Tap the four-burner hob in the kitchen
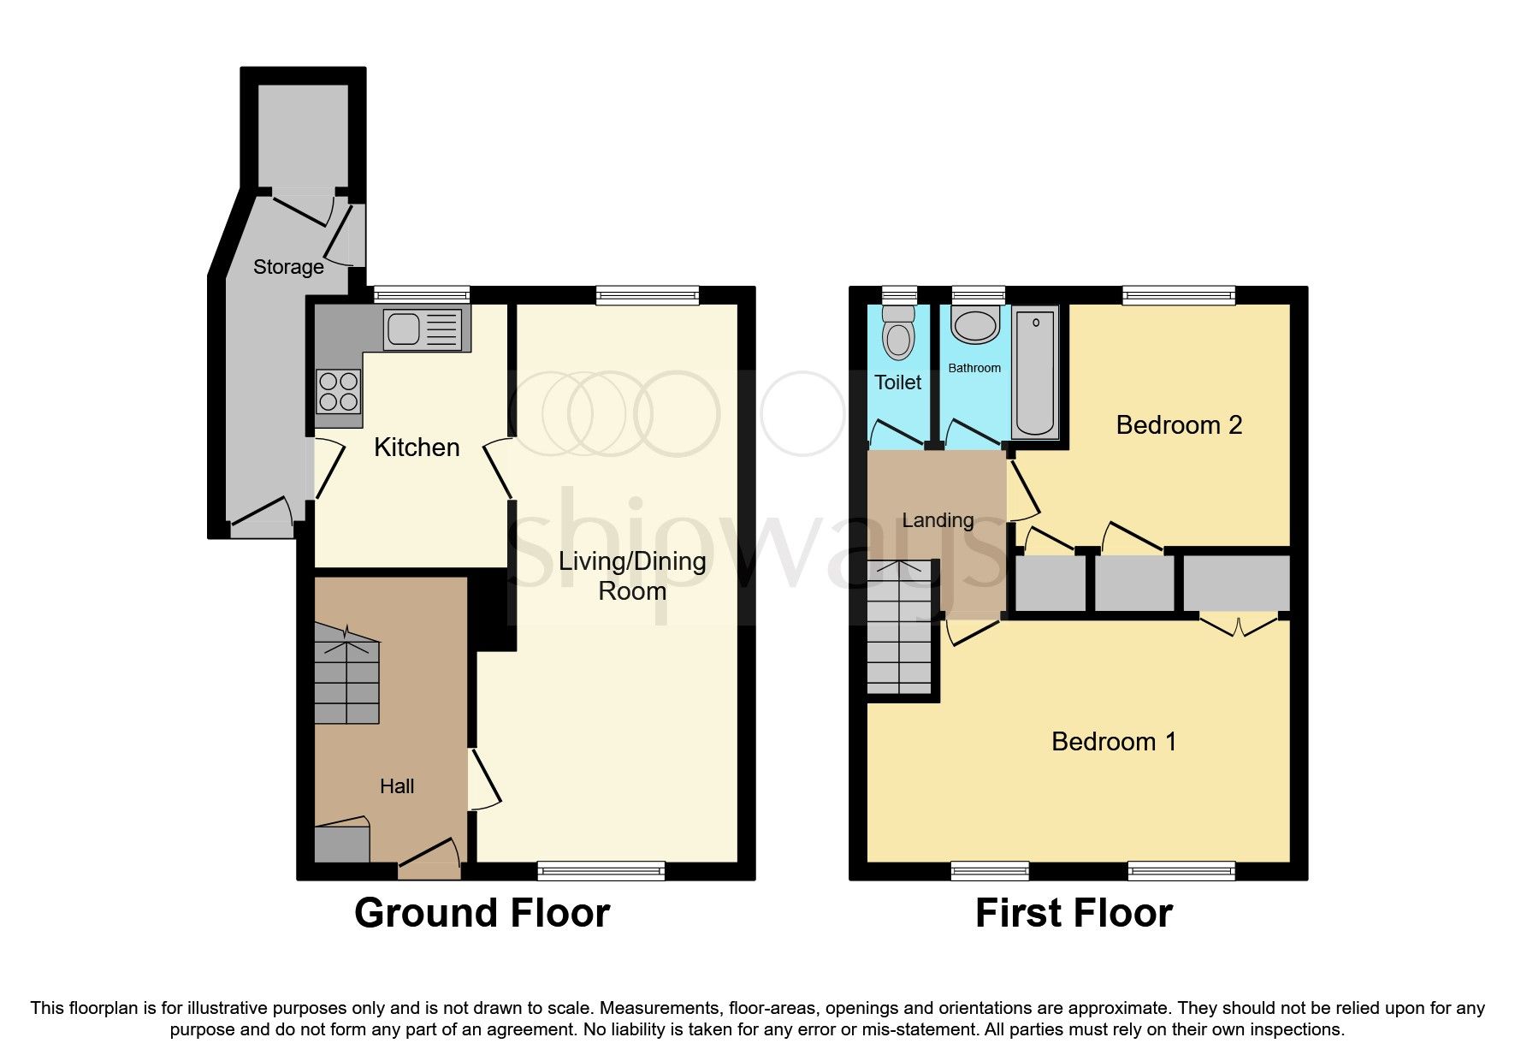[338, 391]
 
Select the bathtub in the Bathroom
[1034, 372]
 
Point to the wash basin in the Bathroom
[975, 326]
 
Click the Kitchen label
[417, 448]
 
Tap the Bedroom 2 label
[1179, 425]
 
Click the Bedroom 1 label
[1114, 741]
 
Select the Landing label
[938, 520]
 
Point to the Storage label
[288, 267]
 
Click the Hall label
[397, 786]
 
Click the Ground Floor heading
[482, 913]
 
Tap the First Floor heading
[1074, 913]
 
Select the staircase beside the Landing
[899, 629]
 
